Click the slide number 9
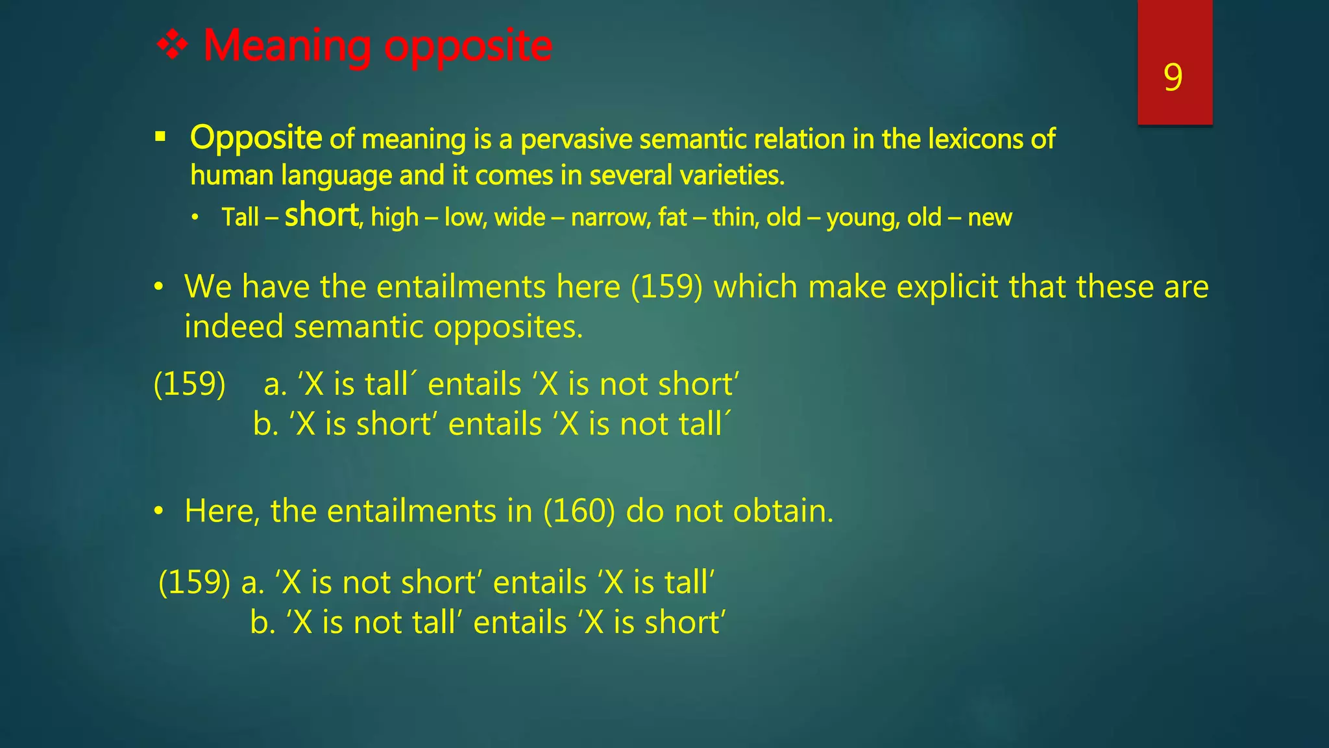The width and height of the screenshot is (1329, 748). point(1173,78)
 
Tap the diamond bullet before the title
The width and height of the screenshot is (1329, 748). point(173,46)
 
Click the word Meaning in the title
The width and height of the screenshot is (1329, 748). point(287,46)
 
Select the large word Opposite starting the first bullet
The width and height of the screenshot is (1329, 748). point(256,138)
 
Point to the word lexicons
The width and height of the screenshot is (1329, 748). point(975,139)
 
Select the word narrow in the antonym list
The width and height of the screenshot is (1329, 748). point(610,218)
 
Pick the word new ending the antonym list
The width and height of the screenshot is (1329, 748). point(990,218)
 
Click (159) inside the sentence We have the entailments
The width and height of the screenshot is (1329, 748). point(666,286)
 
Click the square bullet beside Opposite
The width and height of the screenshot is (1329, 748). point(160,137)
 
